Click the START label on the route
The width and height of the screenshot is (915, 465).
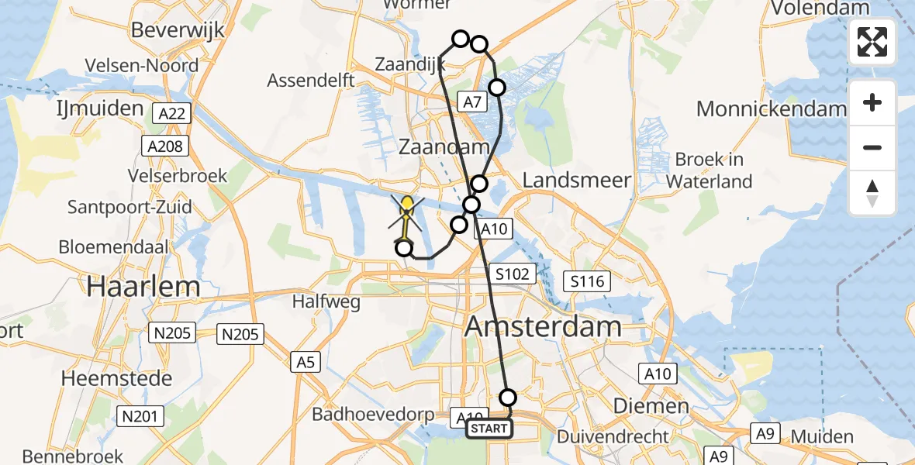(x=489, y=429)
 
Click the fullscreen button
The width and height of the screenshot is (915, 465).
(x=872, y=42)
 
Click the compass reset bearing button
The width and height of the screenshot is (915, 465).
(x=872, y=193)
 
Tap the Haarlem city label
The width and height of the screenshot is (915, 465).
(x=143, y=286)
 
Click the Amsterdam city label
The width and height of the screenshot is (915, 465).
(x=543, y=326)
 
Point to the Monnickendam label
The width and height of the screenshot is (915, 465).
(x=771, y=108)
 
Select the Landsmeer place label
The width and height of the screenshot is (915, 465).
(x=576, y=181)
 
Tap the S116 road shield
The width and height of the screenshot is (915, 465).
(x=587, y=282)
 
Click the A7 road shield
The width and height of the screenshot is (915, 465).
(x=473, y=101)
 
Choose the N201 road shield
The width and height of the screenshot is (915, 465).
(x=140, y=417)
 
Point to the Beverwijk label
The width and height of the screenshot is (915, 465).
(x=178, y=30)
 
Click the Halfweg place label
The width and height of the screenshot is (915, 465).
(x=326, y=301)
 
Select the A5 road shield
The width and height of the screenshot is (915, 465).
(x=306, y=361)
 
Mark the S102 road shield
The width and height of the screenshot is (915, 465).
(x=513, y=273)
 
